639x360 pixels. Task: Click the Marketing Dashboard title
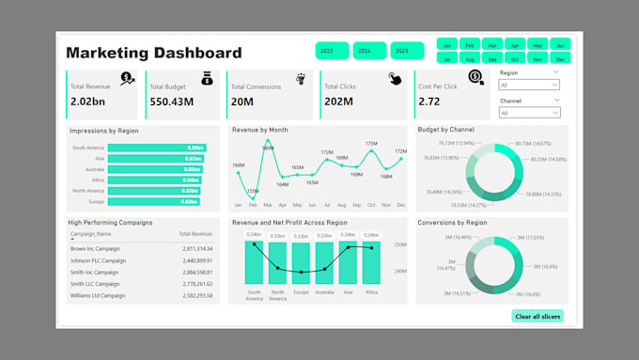[x=154, y=54]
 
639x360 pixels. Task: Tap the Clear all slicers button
[x=538, y=317]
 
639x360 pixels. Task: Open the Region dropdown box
[x=529, y=85]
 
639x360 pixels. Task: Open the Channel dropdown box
[x=529, y=113]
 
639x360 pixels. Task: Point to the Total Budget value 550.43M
[x=171, y=102]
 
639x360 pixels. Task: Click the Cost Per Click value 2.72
[x=429, y=102]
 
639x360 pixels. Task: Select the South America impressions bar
[x=156, y=148]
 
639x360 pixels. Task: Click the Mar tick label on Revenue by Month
[x=268, y=205]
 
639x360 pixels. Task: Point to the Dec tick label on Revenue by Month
[x=401, y=205]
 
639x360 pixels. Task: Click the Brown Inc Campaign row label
[x=97, y=248]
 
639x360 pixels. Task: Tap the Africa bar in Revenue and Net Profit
[x=370, y=262]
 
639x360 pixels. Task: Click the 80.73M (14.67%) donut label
[x=534, y=145]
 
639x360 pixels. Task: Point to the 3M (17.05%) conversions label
[x=531, y=238]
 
